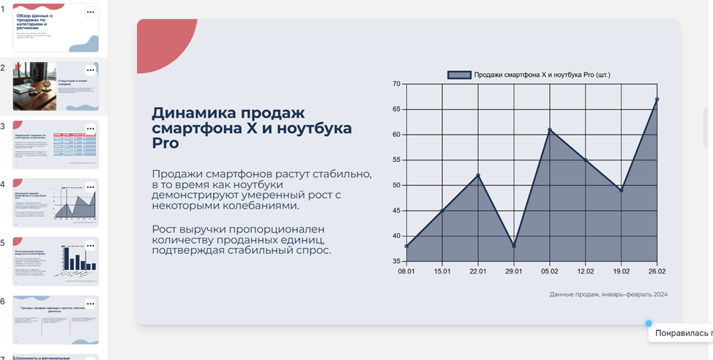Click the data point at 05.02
[550, 130]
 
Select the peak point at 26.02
[657, 100]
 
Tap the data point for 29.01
[514, 246]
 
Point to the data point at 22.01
[478, 176]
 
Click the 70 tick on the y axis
[396, 84]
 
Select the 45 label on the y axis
[396, 211]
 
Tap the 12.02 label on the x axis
[586, 271]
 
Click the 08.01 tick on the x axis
[406, 271]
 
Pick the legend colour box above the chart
[459, 75]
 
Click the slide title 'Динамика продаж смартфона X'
[227, 121]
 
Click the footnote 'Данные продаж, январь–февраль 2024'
[608, 294]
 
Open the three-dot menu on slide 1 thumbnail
[91, 12]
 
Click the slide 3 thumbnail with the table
[56, 144]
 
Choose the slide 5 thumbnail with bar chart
[56, 261]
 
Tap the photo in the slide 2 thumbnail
[34, 86]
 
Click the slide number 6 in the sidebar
[4, 301]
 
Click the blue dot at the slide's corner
[649, 323]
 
